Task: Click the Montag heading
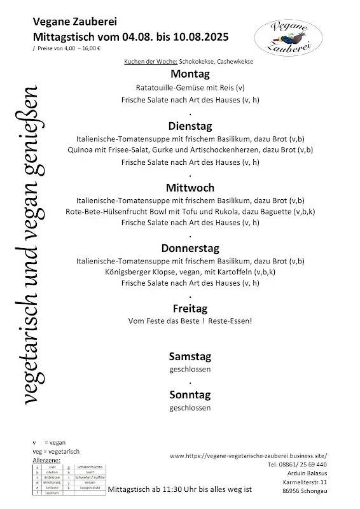click(x=190, y=74)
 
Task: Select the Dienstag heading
click(x=190, y=125)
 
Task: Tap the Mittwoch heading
click(x=190, y=188)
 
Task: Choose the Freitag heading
click(x=190, y=309)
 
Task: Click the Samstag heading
click(x=190, y=356)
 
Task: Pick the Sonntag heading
click(x=190, y=394)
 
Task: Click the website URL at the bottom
click(x=249, y=456)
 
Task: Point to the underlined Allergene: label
click(x=46, y=459)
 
